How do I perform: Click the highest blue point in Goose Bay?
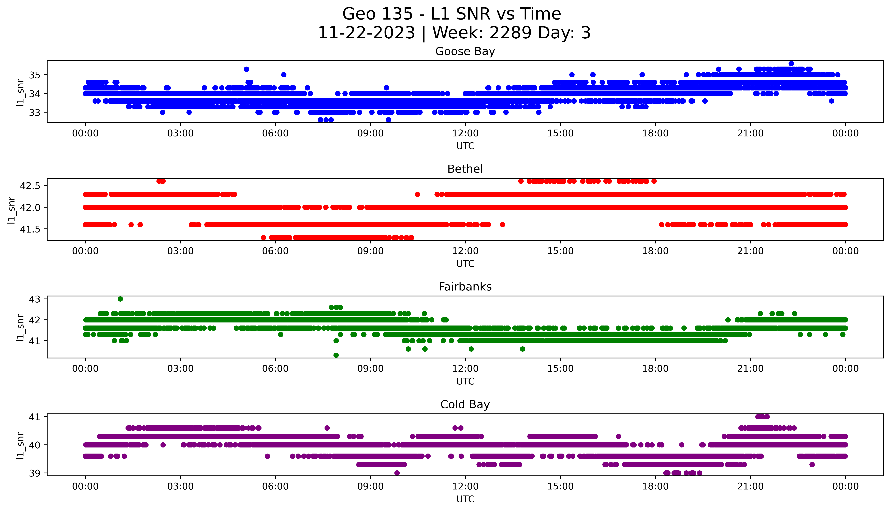pyautogui.click(x=791, y=64)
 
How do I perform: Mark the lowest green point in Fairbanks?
pyautogui.click(x=336, y=355)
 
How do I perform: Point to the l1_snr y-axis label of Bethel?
pyautogui.click(x=12, y=210)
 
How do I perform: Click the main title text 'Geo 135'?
pyautogui.click(x=377, y=14)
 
